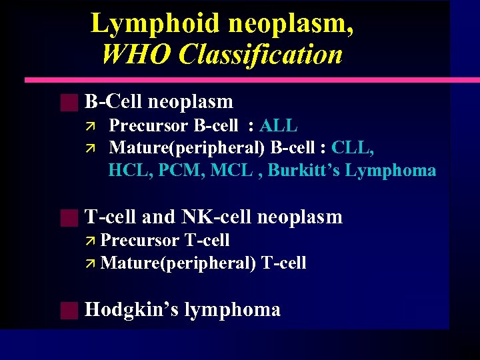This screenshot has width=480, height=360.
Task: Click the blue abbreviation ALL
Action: click(278, 126)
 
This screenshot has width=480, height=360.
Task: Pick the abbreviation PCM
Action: click(179, 171)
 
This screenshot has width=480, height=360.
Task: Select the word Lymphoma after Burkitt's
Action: click(391, 171)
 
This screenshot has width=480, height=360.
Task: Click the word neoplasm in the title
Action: click(291, 24)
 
